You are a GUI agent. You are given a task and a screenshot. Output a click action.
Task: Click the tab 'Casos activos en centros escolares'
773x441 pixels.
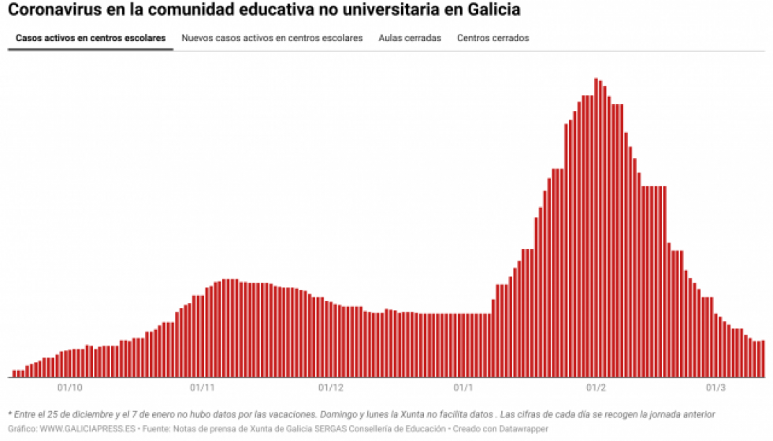(x=91, y=38)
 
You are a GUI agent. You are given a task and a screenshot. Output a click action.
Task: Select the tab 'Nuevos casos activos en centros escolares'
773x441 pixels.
(x=272, y=38)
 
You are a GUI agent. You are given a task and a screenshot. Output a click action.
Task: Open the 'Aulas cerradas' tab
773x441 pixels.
(x=410, y=38)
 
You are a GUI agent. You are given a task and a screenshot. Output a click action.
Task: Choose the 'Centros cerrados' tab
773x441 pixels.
(x=493, y=38)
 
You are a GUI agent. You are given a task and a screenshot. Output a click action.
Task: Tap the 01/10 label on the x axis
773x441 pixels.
(x=70, y=387)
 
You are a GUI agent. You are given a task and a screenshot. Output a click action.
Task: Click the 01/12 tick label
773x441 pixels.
(x=331, y=387)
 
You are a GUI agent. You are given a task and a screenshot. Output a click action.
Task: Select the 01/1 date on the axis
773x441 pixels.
(x=463, y=387)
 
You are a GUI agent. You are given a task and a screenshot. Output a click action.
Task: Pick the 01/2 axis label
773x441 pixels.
(x=596, y=387)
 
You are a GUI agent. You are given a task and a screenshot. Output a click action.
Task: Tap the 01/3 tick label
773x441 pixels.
(x=715, y=387)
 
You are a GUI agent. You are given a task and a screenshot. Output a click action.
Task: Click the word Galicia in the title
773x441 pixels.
(x=493, y=11)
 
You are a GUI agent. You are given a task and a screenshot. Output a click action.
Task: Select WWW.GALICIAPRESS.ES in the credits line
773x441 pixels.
(x=88, y=428)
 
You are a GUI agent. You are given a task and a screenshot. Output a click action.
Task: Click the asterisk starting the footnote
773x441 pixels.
(x=9, y=414)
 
